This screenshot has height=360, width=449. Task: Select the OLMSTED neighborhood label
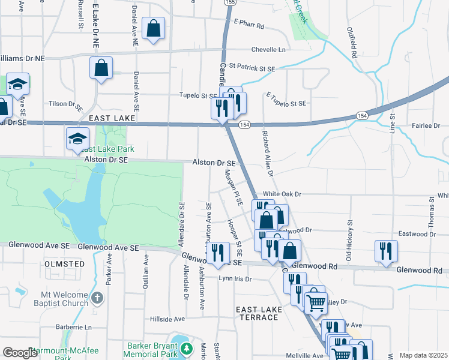pos(64,264)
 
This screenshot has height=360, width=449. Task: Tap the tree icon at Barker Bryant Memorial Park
pos(187,348)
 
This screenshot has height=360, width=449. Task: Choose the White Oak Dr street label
pos(282,194)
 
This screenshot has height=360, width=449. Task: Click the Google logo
pos(20,353)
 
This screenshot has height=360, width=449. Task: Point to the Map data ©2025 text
pos(423,355)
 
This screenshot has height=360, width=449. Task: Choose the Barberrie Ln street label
pos(76,328)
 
